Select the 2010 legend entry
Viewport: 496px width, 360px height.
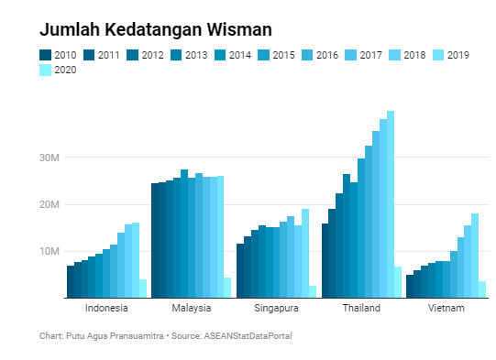58,55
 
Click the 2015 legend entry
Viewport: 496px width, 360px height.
277,55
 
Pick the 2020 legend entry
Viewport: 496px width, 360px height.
58,70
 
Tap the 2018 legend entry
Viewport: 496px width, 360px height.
409,55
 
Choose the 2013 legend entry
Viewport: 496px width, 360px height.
189,55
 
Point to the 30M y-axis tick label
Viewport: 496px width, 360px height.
49,158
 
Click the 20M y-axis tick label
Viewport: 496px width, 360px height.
49,204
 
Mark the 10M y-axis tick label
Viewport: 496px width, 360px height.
49,251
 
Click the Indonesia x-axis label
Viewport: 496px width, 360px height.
105,308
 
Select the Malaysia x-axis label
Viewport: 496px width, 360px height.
191,308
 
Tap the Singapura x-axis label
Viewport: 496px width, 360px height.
276,308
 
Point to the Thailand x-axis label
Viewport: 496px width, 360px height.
361,308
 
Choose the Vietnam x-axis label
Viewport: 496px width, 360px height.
446,308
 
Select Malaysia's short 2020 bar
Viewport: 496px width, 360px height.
227,288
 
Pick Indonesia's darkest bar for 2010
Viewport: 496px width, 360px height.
71,282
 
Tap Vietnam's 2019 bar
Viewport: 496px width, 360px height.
475,256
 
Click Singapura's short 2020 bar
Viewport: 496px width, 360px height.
313,291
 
